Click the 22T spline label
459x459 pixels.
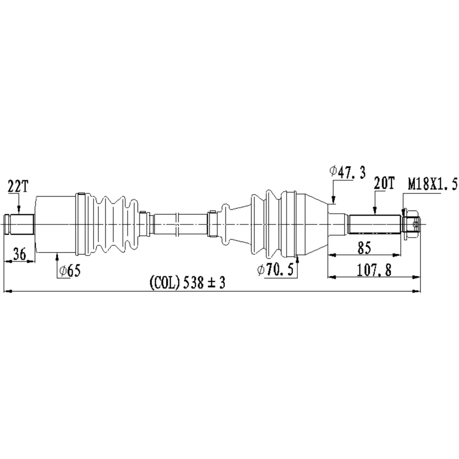click(x=18, y=186)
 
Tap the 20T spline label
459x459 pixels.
click(x=384, y=184)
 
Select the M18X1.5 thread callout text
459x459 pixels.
click(x=432, y=185)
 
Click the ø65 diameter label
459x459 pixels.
click(x=70, y=271)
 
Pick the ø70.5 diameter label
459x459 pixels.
click(x=275, y=269)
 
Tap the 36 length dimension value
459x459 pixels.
click(x=20, y=253)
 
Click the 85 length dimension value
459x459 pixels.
click(x=364, y=247)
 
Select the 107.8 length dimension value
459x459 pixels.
click(x=374, y=270)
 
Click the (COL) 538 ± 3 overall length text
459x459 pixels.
click(x=187, y=283)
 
